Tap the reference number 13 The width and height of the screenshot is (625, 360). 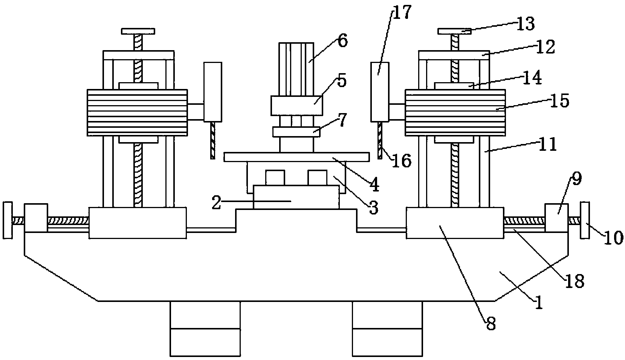(526, 24)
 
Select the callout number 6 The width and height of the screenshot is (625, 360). (342, 41)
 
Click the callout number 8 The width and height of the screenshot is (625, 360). (491, 324)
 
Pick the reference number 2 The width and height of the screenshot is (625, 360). (217, 202)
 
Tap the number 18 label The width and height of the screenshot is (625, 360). (575, 281)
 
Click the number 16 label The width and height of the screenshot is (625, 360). (402, 161)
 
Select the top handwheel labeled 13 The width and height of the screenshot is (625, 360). (454, 31)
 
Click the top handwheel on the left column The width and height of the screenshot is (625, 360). (138, 31)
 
